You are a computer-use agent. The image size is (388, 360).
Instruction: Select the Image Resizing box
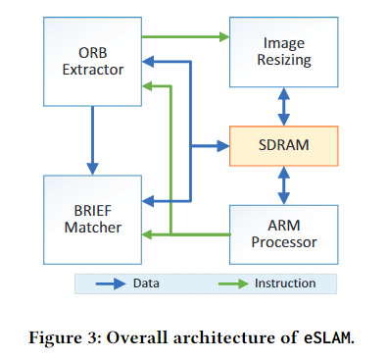(282, 52)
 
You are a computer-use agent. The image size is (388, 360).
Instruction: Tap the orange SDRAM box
(283, 145)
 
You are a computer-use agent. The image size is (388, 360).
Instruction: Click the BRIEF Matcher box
(89, 219)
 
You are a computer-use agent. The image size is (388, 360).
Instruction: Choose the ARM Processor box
(283, 233)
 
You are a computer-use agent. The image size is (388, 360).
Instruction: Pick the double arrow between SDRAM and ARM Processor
(283, 184)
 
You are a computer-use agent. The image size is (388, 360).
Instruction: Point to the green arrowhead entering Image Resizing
(223, 38)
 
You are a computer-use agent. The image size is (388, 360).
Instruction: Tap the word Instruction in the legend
(285, 283)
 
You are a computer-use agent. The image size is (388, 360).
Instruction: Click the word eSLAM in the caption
(323, 337)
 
